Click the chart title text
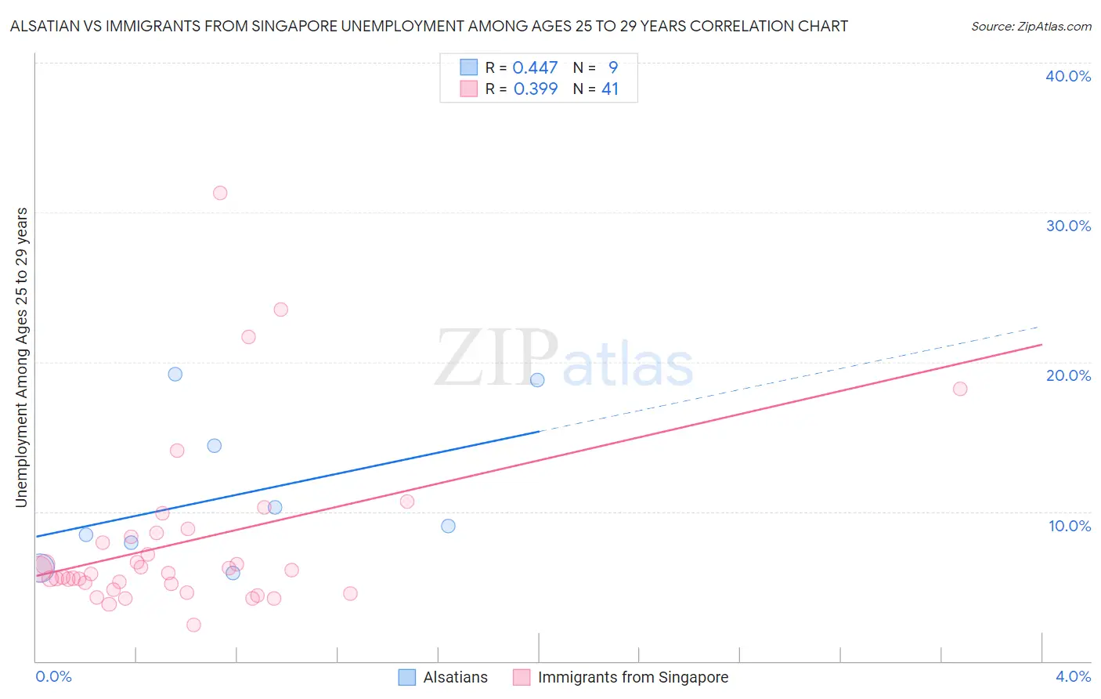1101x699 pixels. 428,27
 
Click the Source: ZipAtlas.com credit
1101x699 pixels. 1031,27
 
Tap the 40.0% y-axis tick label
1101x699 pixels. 1068,76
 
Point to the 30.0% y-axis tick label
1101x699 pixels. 1068,226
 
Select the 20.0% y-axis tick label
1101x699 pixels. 1068,375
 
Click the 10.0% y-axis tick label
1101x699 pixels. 1070,526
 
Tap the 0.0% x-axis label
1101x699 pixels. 53,676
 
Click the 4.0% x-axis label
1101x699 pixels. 1073,676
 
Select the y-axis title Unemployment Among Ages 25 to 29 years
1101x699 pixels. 22,357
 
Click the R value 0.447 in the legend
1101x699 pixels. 535,68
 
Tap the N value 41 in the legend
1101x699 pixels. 610,89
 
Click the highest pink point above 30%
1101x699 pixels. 220,193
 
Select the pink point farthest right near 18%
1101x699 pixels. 960,389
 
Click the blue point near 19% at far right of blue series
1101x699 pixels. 537,380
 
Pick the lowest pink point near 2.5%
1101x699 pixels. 193,625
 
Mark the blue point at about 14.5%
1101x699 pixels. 214,446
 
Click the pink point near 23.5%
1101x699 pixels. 280,310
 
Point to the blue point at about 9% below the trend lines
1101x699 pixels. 448,526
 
